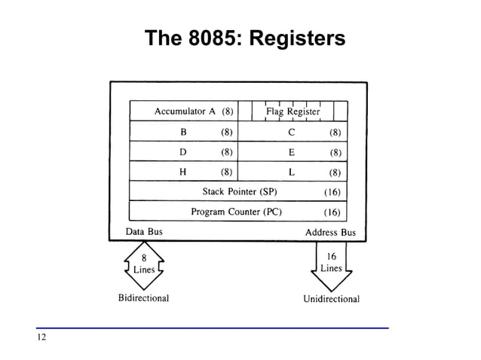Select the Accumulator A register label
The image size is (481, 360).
click(185, 111)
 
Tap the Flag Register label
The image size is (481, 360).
click(293, 111)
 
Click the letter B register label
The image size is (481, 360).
click(182, 132)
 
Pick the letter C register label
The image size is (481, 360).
click(291, 132)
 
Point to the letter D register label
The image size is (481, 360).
click(182, 151)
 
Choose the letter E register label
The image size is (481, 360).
click(291, 151)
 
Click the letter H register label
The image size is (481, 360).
click(182, 171)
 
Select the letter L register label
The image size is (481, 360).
click(291, 171)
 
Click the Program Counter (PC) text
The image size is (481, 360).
click(236, 212)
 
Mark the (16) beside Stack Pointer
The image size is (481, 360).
click(332, 191)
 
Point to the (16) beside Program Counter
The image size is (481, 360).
click(332, 212)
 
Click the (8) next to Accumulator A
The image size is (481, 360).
click(227, 111)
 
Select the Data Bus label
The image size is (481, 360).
click(143, 232)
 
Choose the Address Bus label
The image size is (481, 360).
click(330, 232)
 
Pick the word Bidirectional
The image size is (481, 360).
click(143, 298)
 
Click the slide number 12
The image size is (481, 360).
click(41, 337)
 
